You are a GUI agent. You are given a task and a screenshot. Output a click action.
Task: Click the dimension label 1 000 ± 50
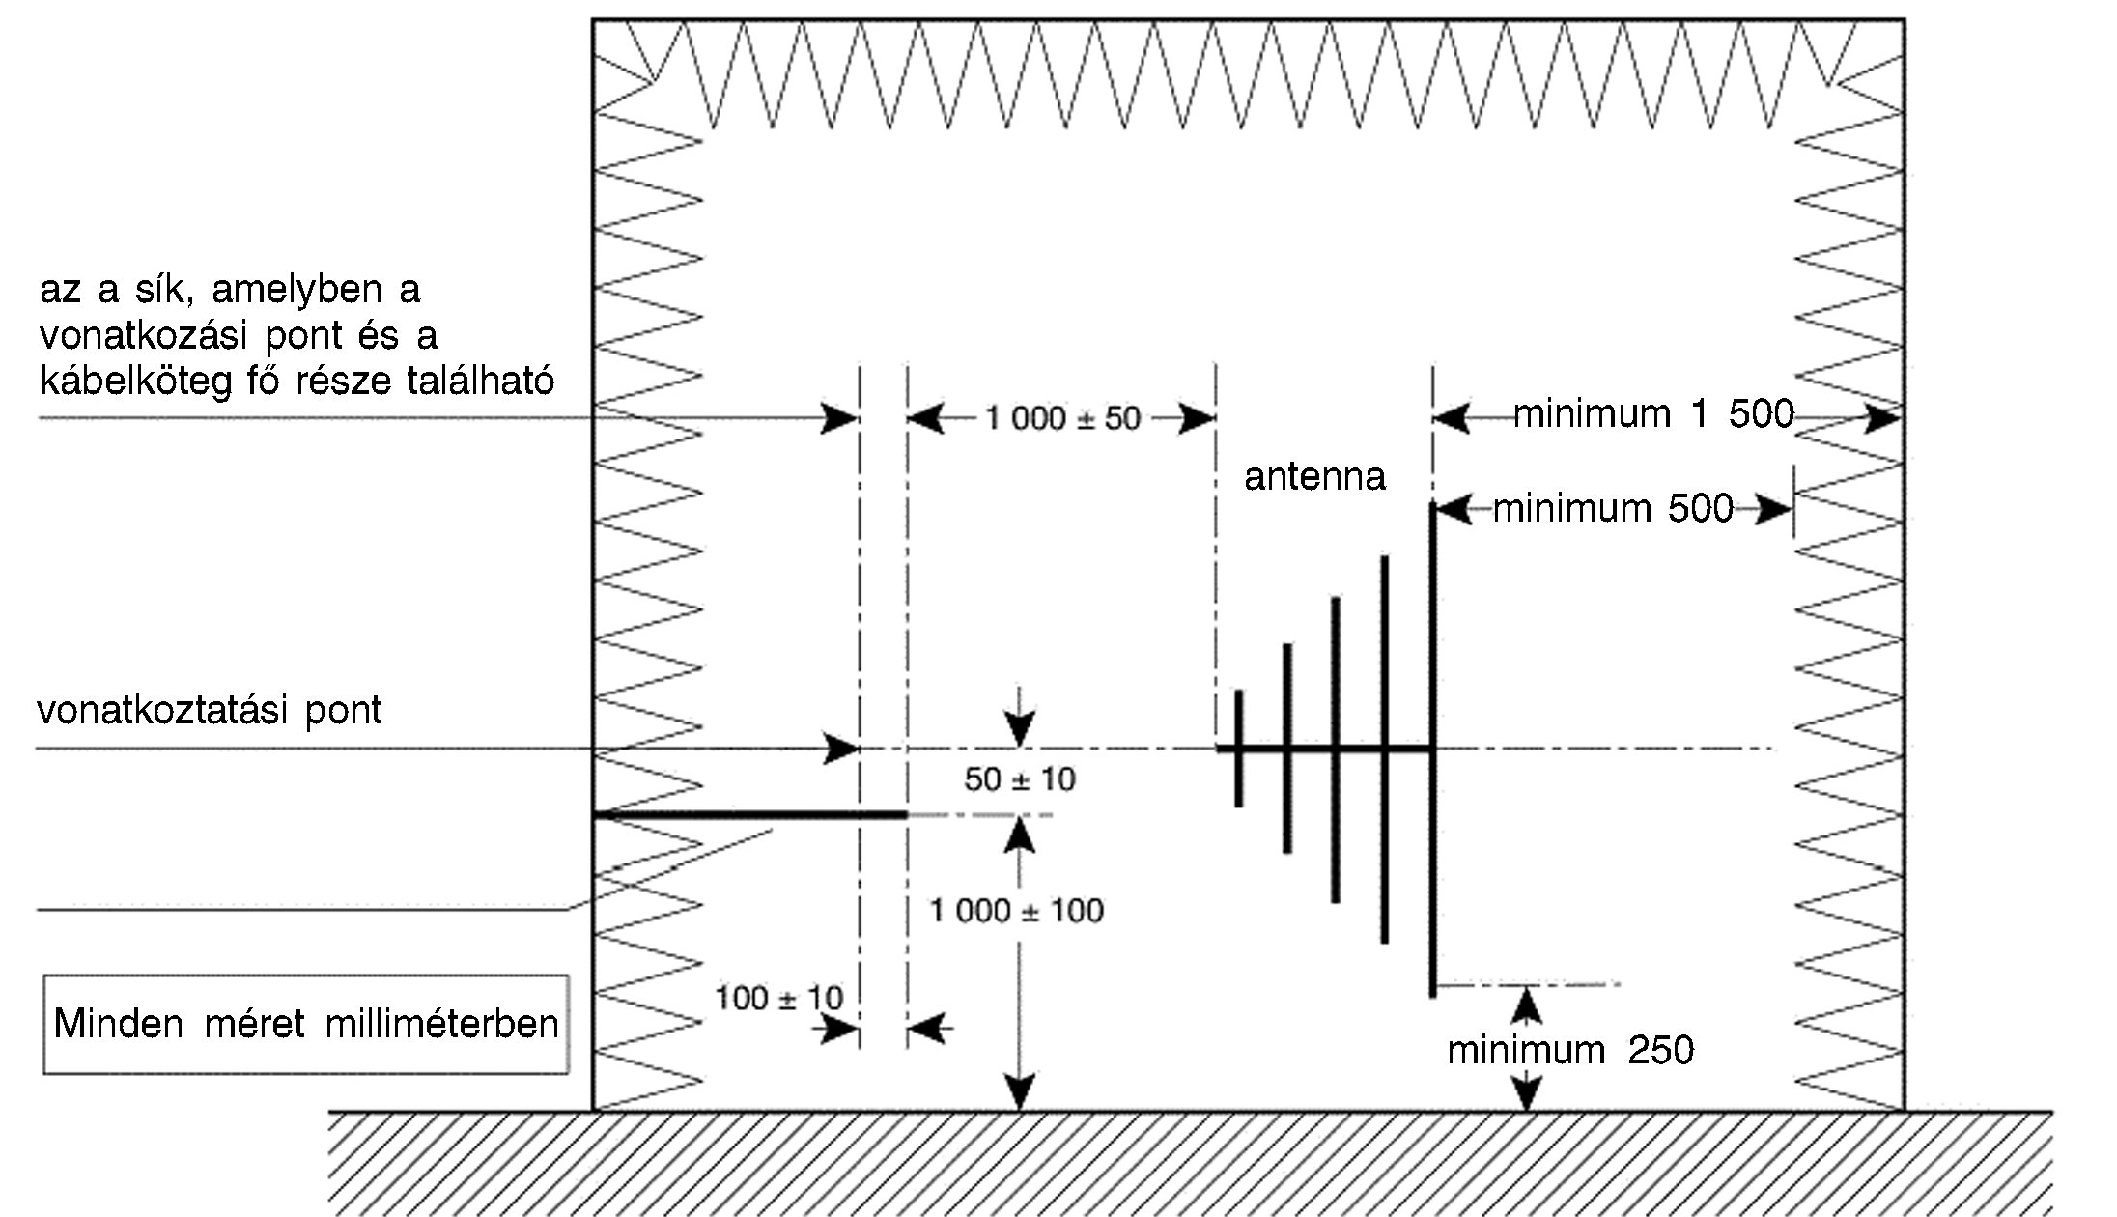point(1062,418)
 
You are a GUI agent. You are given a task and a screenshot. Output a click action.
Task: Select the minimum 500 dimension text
point(1613,508)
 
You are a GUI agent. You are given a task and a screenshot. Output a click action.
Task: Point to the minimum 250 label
point(1570,1050)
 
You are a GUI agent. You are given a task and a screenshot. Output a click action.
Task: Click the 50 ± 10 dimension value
point(1020,778)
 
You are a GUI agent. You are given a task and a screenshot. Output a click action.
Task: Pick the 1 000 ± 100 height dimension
point(1016,910)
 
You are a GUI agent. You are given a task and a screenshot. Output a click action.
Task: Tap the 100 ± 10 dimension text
point(778,998)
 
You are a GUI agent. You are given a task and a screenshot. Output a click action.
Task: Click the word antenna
point(1314,476)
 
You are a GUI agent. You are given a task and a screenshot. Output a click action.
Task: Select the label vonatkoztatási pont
point(210,710)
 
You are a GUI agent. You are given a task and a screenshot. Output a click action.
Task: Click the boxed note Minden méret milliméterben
point(306,1024)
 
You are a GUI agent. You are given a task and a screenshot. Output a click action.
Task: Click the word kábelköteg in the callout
point(136,381)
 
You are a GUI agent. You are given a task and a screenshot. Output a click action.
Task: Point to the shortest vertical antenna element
point(1239,749)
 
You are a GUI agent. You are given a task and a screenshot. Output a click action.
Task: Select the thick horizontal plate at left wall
point(749,815)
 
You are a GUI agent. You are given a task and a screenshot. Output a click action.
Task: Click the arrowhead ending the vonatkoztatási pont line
point(842,749)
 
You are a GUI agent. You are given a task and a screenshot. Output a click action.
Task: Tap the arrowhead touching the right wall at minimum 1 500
point(1884,418)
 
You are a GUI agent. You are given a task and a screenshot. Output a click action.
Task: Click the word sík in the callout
point(170,290)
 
